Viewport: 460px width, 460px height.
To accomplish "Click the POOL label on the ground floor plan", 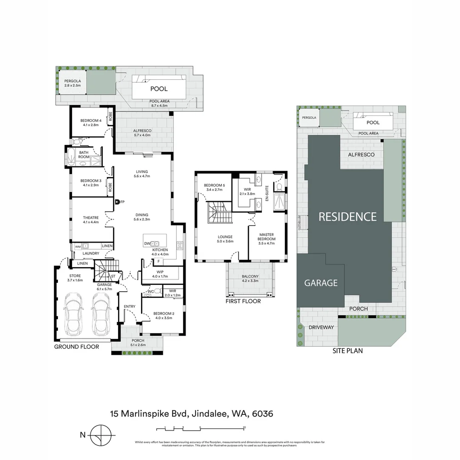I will coord(158,89).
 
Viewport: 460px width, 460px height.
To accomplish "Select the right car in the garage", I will coord(101,314).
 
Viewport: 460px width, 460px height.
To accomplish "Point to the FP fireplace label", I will coord(122,202).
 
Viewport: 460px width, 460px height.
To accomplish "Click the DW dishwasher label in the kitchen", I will coord(147,244).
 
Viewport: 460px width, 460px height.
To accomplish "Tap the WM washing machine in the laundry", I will coord(78,246).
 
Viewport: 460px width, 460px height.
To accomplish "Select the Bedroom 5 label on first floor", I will coord(215,185).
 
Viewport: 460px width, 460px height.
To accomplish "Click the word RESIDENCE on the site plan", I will coord(348,217).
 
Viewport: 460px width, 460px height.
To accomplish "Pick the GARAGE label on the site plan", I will coord(321,283).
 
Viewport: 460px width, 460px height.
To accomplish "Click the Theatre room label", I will coord(91,218).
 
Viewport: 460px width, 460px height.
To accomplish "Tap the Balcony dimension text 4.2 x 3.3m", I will coord(250,281).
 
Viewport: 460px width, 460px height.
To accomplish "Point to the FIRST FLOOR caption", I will coord(243,301).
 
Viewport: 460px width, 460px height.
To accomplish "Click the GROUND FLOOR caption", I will coord(76,347).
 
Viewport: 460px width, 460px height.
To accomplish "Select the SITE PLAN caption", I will coord(347,351).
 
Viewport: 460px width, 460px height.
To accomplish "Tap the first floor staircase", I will coord(219,213).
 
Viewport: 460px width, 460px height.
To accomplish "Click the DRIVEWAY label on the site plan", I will coord(320,327).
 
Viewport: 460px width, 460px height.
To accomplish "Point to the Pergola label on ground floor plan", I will coord(72,81).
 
